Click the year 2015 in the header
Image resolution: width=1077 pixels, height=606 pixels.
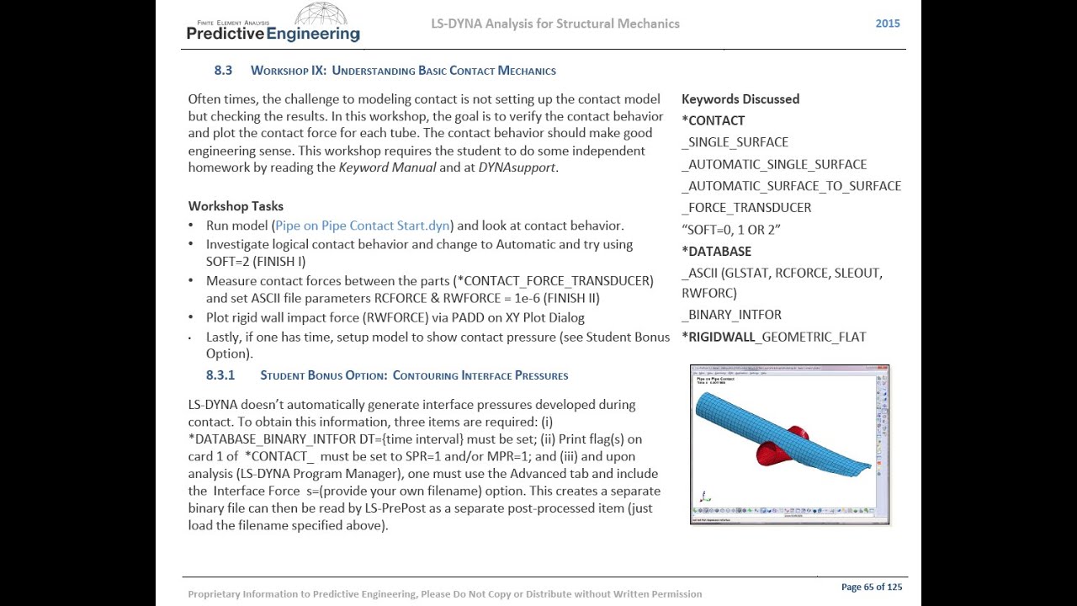[x=887, y=24]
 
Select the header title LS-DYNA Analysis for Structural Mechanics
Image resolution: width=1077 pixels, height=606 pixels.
[x=554, y=24]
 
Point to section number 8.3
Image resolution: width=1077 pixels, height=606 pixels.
[x=223, y=71]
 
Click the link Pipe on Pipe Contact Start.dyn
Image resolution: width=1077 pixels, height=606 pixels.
[x=362, y=226]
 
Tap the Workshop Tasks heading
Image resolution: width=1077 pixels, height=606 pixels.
[x=236, y=206]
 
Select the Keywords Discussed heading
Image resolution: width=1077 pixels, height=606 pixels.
[x=740, y=99]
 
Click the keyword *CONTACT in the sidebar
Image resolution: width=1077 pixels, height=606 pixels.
[x=713, y=120]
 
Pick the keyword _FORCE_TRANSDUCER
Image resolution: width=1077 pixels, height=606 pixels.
[x=746, y=207]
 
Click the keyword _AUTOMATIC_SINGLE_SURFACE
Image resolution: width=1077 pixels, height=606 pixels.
[x=774, y=164]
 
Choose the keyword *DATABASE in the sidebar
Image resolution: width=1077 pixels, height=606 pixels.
[x=716, y=251]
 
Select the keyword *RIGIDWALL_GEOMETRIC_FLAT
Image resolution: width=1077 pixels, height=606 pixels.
[x=773, y=337]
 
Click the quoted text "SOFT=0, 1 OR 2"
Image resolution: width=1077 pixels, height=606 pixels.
[x=730, y=229]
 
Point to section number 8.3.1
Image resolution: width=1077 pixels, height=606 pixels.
[x=220, y=375]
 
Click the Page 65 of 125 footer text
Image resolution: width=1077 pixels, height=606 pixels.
[x=871, y=587]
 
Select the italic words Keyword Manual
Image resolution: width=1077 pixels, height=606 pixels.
[x=387, y=167]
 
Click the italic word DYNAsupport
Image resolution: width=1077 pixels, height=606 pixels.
[x=517, y=167]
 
